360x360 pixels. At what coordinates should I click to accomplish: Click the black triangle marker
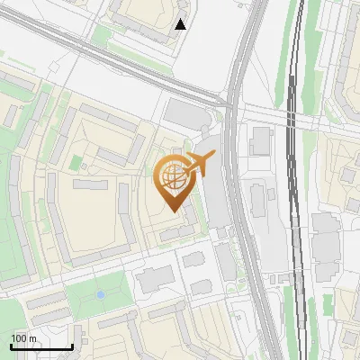[x=181, y=24]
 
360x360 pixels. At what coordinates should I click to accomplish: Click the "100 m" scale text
[x=23, y=337]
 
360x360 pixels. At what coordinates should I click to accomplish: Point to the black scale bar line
[x=40, y=346]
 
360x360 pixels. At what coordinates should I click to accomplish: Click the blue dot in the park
[x=101, y=294]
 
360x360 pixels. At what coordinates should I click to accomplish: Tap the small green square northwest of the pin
[x=77, y=164]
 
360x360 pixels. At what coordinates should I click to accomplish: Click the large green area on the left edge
[x=11, y=225]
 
